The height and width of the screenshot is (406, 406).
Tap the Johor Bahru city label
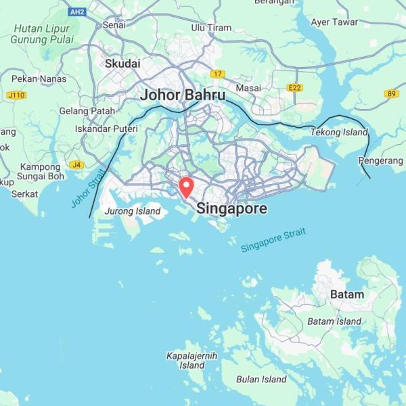coord(183,95)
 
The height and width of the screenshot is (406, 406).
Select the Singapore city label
coord(231,209)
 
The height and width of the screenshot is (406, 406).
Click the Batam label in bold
coord(346,294)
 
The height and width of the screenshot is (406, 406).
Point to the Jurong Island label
coord(133,211)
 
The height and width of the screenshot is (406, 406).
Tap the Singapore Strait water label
coord(273,241)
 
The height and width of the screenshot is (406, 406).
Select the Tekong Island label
coord(339,132)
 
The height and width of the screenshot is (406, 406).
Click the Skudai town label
coord(122,64)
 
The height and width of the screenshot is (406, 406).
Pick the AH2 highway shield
coord(77,12)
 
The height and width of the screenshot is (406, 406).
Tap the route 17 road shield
coord(217,74)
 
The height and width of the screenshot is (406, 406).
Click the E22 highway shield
coord(294,87)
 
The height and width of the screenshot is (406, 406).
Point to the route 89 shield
coord(392,94)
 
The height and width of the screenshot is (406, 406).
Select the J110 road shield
coord(16,95)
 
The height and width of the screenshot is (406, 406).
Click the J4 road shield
coord(76,165)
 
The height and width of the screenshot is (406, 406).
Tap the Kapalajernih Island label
coord(191,360)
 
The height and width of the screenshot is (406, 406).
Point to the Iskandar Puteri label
coord(106,129)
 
